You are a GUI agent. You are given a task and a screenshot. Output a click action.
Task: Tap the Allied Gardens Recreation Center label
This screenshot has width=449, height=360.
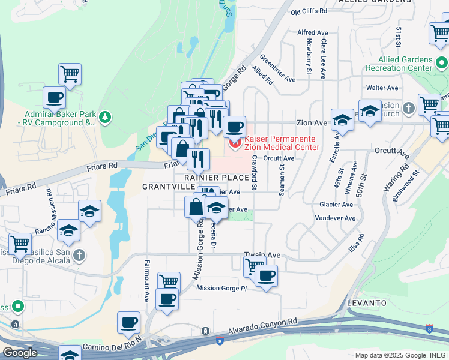[405, 64]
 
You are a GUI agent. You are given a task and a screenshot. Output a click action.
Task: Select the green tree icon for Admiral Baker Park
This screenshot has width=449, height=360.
[106, 116]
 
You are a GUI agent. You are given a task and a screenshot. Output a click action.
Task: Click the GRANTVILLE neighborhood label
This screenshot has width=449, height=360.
[161, 187]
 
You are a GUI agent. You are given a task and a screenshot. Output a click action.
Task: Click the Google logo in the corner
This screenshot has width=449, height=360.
[19, 352]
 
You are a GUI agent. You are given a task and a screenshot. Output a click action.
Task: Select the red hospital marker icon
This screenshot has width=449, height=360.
[234, 143]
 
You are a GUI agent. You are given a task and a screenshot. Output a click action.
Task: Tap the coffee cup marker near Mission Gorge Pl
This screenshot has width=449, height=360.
[266, 277]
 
